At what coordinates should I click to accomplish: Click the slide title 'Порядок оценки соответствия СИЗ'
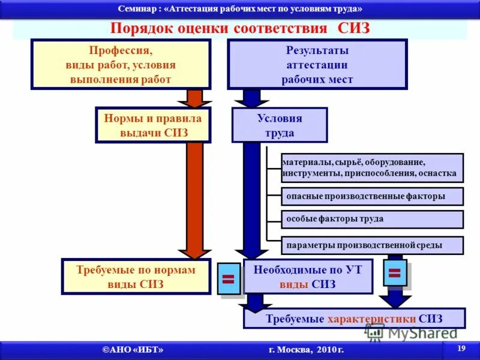pos(240,29)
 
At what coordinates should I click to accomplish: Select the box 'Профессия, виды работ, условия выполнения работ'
pos(121,64)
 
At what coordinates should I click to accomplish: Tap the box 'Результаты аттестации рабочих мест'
pos(317,64)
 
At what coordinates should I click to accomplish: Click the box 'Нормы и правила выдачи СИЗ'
pos(153,125)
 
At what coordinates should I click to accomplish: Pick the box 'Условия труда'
pos(280,125)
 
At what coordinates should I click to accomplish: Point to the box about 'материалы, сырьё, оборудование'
pos(372,168)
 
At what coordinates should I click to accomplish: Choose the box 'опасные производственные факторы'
pos(372,196)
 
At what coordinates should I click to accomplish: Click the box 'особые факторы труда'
pos(372,219)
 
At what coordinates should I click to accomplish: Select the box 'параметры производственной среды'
pos(372,245)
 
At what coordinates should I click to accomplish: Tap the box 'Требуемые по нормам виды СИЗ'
pos(136,277)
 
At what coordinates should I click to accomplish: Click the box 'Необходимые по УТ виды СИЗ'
pos(308,277)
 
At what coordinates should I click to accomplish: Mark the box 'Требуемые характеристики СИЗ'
pos(354,319)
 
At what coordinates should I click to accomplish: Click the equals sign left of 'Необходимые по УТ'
pos(228,278)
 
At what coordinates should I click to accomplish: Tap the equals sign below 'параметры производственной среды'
pos(394,273)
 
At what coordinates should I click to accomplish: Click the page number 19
pos(461,349)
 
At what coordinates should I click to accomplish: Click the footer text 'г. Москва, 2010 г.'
pos(306,350)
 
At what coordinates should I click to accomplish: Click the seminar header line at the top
pos(240,8)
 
